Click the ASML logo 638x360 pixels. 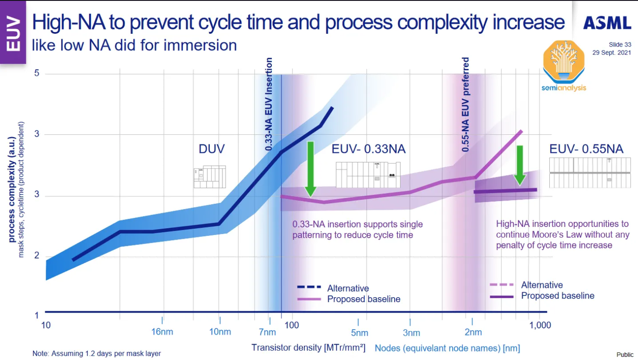(x=607, y=23)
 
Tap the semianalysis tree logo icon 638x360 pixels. (x=564, y=61)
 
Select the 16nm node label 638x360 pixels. (x=162, y=332)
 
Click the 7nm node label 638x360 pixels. (x=267, y=332)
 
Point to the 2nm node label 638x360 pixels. (x=473, y=332)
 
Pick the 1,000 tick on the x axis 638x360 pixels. (x=540, y=325)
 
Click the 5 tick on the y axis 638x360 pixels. (x=37, y=73)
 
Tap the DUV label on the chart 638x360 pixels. (x=212, y=149)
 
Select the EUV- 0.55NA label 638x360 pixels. (x=586, y=149)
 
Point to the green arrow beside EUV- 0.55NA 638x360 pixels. (x=520, y=166)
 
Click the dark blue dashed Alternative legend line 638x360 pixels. (x=309, y=287)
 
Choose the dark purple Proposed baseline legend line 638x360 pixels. (x=501, y=297)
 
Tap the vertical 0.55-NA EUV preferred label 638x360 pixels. (x=465, y=104)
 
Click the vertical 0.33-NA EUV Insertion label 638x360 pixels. (x=269, y=104)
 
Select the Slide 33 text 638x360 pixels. (x=620, y=44)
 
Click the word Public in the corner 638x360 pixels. (x=625, y=355)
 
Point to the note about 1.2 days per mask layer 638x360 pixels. (x=97, y=353)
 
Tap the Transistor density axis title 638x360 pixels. (x=308, y=348)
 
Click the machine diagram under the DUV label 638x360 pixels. (x=209, y=177)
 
